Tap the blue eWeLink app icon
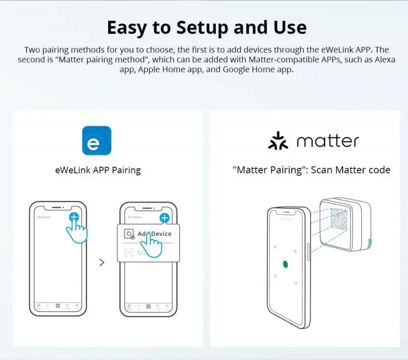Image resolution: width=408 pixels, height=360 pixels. point(96,140)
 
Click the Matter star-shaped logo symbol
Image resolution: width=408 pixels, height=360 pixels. point(278,141)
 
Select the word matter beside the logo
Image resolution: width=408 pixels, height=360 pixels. point(327,141)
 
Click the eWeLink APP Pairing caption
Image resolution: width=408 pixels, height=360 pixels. point(97,170)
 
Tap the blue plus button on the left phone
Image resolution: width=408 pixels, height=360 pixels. point(74,217)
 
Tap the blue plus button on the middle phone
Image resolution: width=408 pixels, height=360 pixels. point(164,218)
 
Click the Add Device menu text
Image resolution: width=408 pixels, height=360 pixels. point(155,234)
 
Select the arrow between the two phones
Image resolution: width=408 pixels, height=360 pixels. point(102,262)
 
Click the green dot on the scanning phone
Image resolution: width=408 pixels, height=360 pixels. point(286,264)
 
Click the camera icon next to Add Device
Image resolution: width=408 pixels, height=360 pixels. point(129,234)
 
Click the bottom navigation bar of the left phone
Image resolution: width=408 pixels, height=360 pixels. point(58,306)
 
